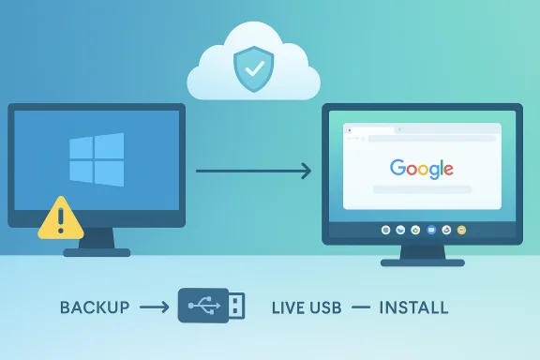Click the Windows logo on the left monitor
tap(96, 159)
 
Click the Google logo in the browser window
tap(421, 169)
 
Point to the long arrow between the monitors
tap(253, 171)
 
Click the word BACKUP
tap(94, 307)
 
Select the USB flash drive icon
tap(213, 306)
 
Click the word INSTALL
tap(413, 307)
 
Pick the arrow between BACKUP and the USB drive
tap(153, 307)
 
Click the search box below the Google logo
tap(421, 189)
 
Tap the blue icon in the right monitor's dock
tap(431, 229)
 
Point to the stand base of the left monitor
tap(97, 250)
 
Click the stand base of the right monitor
tap(421, 262)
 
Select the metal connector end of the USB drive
tap(237, 306)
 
